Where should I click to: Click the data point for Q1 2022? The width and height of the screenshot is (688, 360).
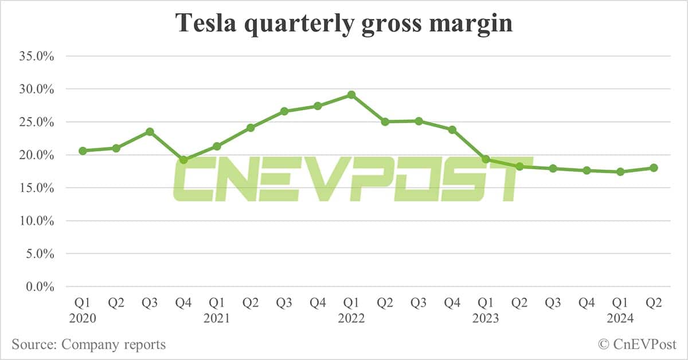pyautogui.click(x=351, y=95)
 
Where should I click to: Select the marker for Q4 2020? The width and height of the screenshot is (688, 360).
pyautogui.click(x=183, y=160)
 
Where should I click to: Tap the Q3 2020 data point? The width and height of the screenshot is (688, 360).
pyautogui.click(x=150, y=131)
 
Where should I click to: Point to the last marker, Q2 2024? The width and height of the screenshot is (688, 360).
pyautogui.click(x=654, y=168)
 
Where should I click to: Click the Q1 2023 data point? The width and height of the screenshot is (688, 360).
pyautogui.click(x=486, y=159)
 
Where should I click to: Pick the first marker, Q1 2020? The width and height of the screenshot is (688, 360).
pyautogui.click(x=83, y=151)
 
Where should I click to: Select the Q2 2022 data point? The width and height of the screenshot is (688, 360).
pyautogui.click(x=385, y=122)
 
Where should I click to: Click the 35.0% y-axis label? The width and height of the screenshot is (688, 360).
pyautogui.click(x=37, y=56)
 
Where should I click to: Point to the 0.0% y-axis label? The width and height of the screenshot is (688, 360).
pyautogui.click(x=40, y=287)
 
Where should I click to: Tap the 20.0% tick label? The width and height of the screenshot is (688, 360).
pyautogui.click(x=37, y=155)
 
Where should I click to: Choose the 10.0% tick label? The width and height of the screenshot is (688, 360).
pyautogui.click(x=37, y=221)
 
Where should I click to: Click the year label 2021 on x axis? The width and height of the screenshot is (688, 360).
pyautogui.click(x=217, y=318)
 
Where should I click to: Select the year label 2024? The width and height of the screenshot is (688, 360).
pyautogui.click(x=620, y=318)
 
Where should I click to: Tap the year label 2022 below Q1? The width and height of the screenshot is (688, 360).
pyautogui.click(x=351, y=318)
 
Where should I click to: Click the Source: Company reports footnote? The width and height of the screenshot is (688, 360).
pyautogui.click(x=88, y=345)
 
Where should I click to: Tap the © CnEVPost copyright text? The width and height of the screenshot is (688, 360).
pyautogui.click(x=637, y=345)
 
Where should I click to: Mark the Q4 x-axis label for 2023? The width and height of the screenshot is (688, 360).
pyautogui.click(x=587, y=303)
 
